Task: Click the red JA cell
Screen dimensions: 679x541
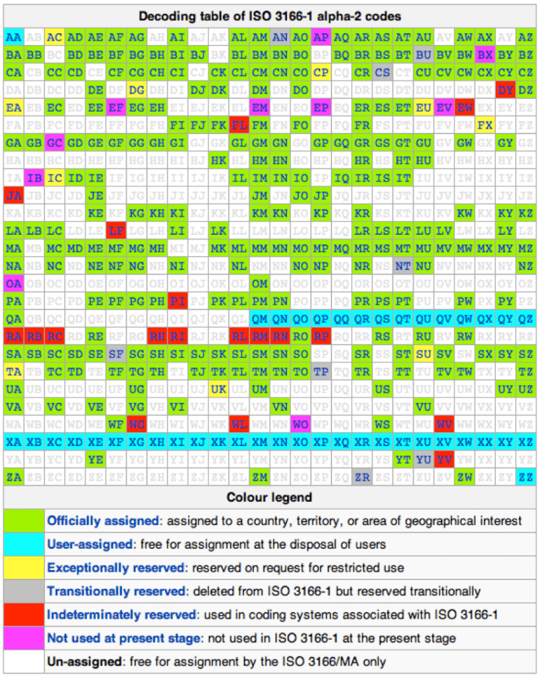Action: [13, 195]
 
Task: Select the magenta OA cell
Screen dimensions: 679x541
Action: [13, 283]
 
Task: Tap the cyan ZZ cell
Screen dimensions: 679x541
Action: [526, 476]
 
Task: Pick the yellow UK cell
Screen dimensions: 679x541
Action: [218, 388]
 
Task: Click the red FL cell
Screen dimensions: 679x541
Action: [239, 124]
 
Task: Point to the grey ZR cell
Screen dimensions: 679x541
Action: [361, 476]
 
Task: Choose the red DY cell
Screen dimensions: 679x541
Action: [505, 90]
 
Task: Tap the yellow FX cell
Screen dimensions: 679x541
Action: [485, 124]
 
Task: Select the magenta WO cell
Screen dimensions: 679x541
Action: [300, 423]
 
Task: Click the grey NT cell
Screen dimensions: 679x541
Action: [402, 265]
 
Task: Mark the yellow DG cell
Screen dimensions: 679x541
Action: [137, 90]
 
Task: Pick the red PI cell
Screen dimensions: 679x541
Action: [177, 301]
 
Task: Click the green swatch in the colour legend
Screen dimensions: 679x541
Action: [23, 521]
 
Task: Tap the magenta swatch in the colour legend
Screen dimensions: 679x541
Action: [23, 638]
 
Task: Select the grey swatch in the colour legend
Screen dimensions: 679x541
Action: [23, 591]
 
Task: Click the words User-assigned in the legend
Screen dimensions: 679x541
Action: [90, 544]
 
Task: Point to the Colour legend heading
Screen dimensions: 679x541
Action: [269, 497]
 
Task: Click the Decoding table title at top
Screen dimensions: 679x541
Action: [269, 15]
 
